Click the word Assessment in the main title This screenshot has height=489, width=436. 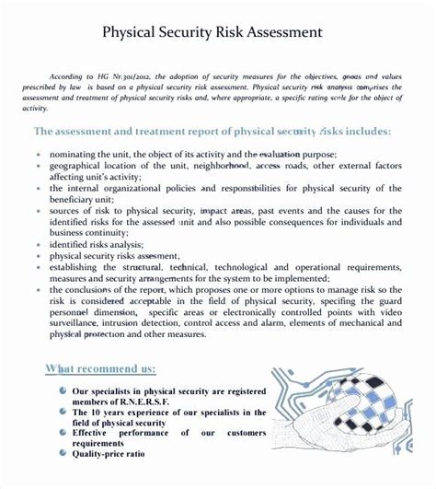click(282, 32)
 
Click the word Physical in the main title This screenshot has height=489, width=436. click(133, 32)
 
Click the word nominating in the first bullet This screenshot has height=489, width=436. click(76, 154)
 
